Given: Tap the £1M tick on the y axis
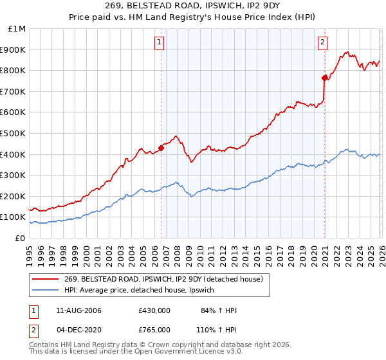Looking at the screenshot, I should click(x=17, y=29).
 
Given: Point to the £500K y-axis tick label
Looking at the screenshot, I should click(x=14, y=133).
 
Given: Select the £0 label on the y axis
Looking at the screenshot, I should click(x=21, y=238).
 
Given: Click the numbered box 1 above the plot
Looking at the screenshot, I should click(x=158, y=43).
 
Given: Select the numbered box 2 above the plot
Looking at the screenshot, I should click(x=322, y=43).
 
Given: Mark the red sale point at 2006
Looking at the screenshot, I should click(x=161, y=148).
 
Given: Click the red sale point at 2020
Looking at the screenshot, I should click(x=324, y=78).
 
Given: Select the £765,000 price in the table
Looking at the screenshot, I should click(x=154, y=329).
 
